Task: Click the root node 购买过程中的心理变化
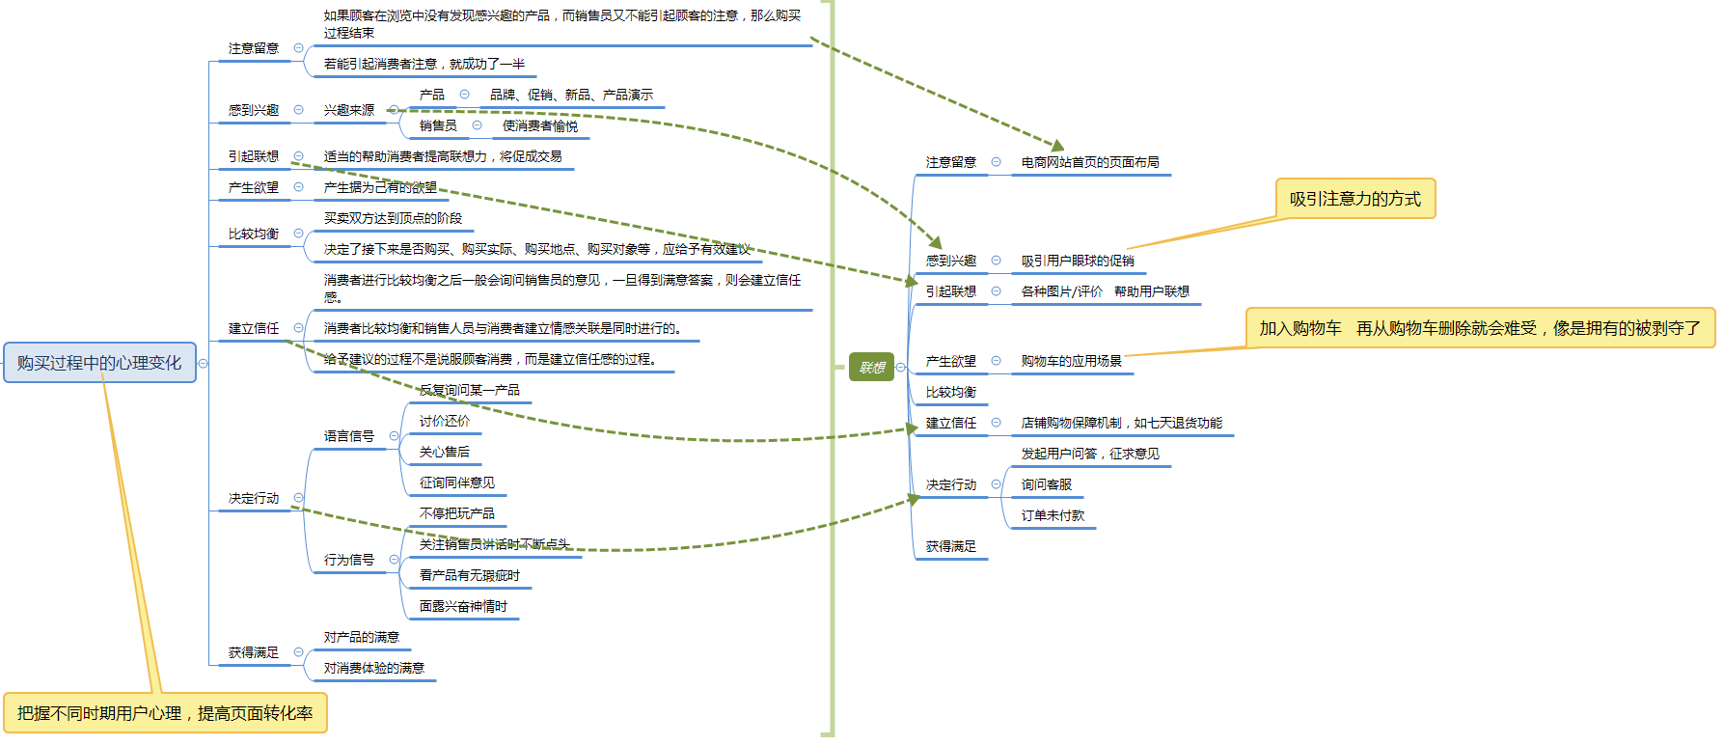click(99, 363)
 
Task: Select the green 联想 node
click(871, 368)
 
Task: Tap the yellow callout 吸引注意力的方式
click(1354, 199)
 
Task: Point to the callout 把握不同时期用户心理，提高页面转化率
click(165, 713)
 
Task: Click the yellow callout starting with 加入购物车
click(1479, 328)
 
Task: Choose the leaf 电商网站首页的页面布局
click(1090, 162)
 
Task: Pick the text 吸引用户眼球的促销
click(1078, 261)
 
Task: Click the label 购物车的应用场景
click(1071, 361)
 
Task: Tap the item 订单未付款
click(1053, 515)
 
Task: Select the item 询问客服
click(1046, 484)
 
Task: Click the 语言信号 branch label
click(349, 436)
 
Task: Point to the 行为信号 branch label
click(349, 560)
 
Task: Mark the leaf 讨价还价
click(445, 421)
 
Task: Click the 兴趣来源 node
click(349, 110)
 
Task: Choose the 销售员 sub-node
click(438, 125)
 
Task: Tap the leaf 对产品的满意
click(362, 637)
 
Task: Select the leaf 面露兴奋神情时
click(463, 606)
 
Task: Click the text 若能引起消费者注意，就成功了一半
click(424, 64)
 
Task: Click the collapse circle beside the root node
click(204, 364)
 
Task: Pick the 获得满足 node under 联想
click(950, 546)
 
